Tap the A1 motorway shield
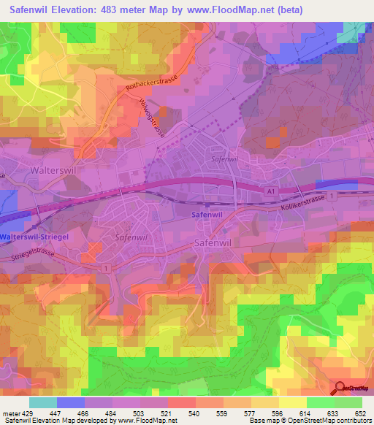point(271,191)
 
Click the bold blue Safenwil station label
point(206,215)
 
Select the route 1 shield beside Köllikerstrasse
point(332,197)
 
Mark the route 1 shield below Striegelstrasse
point(107,269)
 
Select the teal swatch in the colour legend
point(43,402)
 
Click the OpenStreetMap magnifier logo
point(339,389)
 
